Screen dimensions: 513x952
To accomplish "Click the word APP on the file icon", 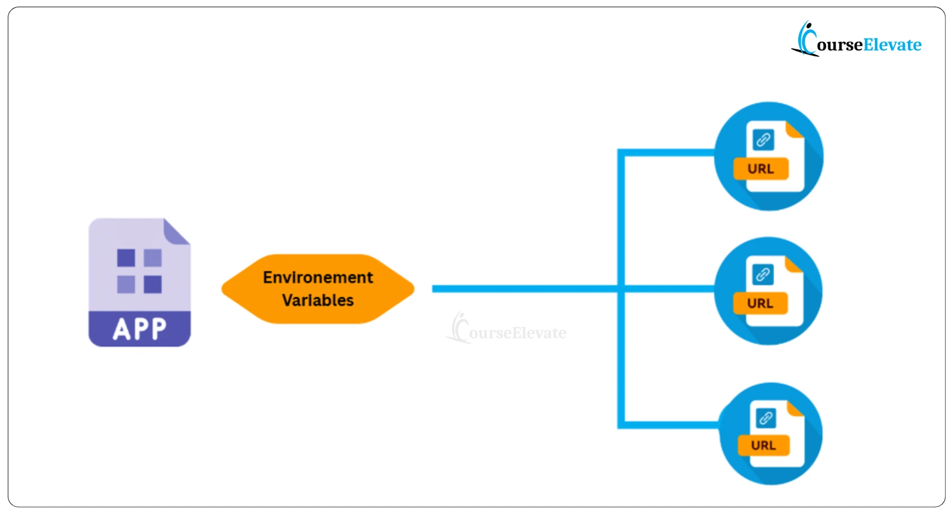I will pyautogui.click(x=139, y=329).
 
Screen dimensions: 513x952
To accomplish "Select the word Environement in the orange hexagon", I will pyautogui.click(x=318, y=277).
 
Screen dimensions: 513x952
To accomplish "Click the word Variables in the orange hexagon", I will pyautogui.click(x=318, y=300).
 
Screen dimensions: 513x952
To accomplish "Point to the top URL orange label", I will pyautogui.click(x=761, y=169).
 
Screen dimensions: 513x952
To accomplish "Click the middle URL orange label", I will pyautogui.click(x=760, y=303).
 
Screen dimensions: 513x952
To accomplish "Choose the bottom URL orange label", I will pyautogui.click(x=764, y=445).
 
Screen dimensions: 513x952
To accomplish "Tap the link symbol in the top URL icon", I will pyautogui.click(x=764, y=140).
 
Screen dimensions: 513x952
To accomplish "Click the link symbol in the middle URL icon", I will pyautogui.click(x=763, y=274).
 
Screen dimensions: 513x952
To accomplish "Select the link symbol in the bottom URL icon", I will pyautogui.click(x=766, y=417).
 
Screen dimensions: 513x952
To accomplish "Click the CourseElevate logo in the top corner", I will pyautogui.click(x=856, y=40).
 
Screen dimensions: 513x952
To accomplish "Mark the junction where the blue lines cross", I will pyautogui.click(x=621, y=289).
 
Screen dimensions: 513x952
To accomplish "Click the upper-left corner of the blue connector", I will pyautogui.click(x=621, y=152).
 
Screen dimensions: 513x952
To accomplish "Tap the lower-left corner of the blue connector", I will pyautogui.click(x=621, y=425).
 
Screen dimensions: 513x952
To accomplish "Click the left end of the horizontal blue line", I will pyautogui.click(x=434, y=289).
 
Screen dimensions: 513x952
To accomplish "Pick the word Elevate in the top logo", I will pyautogui.click(x=893, y=44).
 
